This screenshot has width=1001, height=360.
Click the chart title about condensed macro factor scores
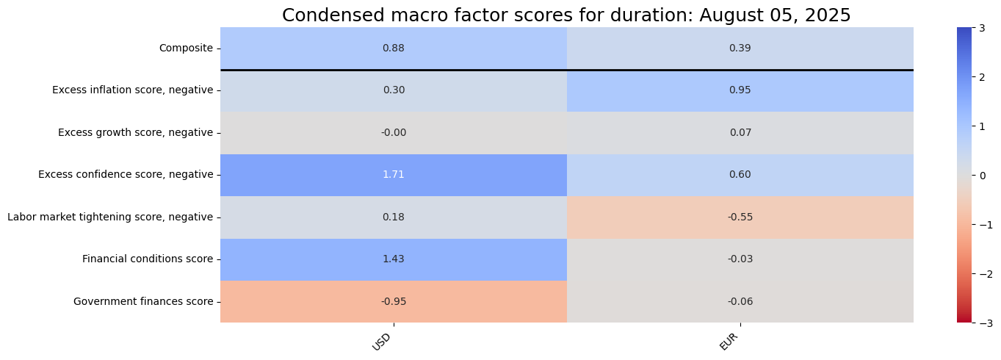pos(566,15)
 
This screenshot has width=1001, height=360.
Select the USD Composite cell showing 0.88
pos(393,48)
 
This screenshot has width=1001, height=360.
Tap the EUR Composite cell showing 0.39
pos(740,48)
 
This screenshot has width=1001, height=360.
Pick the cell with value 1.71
pos(393,175)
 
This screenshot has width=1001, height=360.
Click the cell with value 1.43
pos(393,259)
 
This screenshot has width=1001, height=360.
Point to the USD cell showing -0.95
pos(393,301)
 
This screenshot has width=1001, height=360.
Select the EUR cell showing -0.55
pos(740,217)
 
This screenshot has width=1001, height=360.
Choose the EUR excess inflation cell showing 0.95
pos(740,90)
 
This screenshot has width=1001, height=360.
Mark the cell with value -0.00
pos(393,133)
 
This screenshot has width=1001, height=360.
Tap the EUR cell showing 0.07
pos(740,133)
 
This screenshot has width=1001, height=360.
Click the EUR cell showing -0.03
pos(740,259)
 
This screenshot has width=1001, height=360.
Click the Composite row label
pos(186,48)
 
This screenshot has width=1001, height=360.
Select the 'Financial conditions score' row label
pos(148,259)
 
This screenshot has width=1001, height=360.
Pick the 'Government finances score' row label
pos(143,301)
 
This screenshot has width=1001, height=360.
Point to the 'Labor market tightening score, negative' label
pos(110,217)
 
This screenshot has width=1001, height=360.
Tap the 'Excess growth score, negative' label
pos(135,133)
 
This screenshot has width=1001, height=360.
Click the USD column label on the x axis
pos(382,340)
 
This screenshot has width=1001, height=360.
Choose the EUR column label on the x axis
pos(729,340)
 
